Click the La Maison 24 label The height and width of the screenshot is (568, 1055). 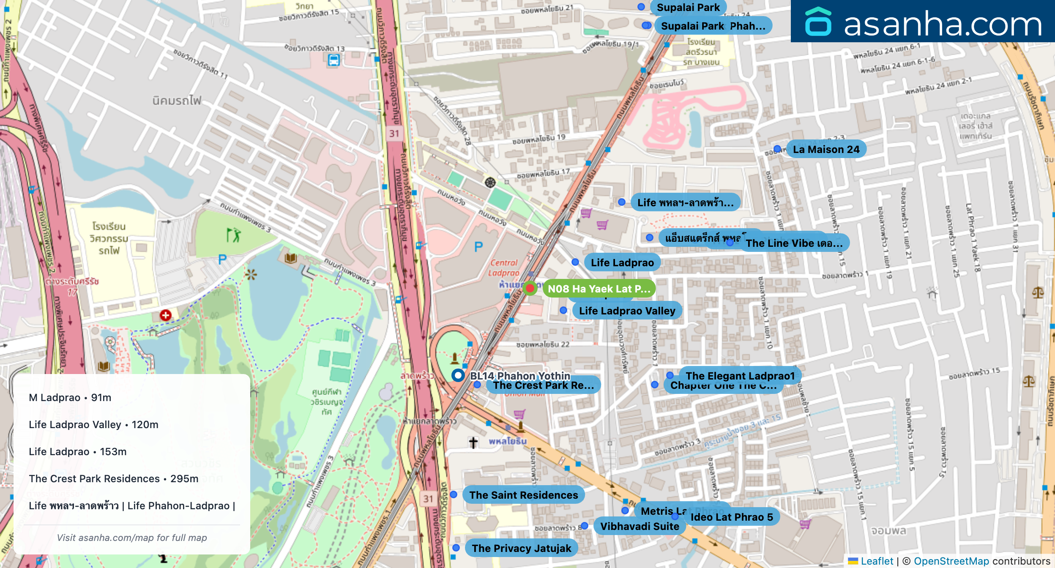(826, 149)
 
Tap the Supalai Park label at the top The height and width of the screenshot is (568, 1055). (688, 8)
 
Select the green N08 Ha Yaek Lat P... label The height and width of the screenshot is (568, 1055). (599, 289)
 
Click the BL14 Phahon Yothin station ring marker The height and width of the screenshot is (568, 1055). (458, 375)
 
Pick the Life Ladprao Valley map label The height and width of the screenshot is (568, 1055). (626, 311)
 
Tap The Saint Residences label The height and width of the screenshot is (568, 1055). (523, 495)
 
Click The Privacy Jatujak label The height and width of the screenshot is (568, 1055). (521, 548)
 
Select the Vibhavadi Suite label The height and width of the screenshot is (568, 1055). (639, 526)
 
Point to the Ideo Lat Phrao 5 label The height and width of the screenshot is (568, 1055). (731, 517)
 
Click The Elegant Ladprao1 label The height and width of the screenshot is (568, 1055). (740, 375)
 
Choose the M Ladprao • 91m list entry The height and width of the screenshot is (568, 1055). (70, 398)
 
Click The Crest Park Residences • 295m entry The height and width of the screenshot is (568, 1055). (113, 479)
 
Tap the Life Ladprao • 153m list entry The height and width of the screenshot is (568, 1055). (77, 452)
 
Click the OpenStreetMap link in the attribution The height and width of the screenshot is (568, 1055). (951, 561)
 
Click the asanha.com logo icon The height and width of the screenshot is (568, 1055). (818, 22)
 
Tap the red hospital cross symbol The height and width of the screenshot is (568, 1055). (165, 315)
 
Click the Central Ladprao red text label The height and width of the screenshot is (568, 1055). (503, 268)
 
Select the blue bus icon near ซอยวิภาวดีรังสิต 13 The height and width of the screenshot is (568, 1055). (333, 60)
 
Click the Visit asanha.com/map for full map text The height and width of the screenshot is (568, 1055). (132, 538)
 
